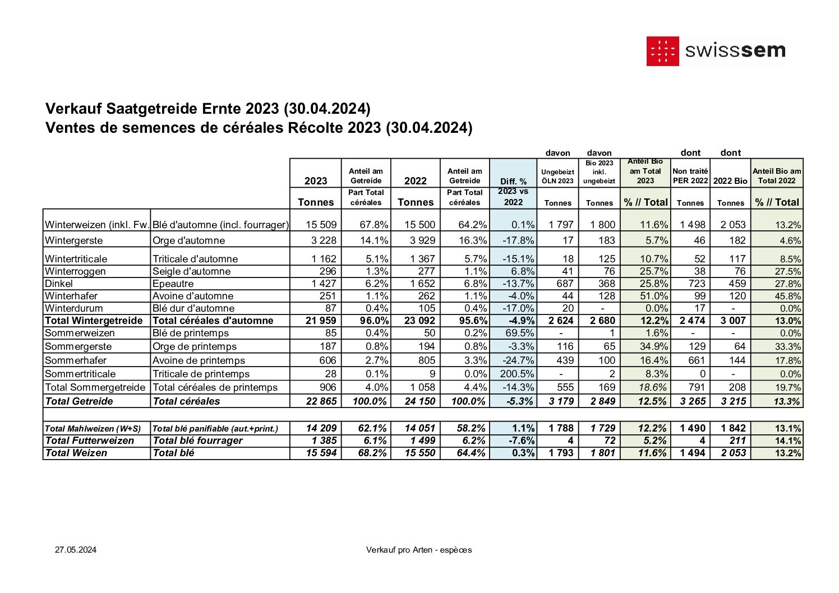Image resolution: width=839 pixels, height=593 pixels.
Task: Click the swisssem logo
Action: (x=716, y=52)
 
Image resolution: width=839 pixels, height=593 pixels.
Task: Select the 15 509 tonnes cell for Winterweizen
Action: (x=321, y=225)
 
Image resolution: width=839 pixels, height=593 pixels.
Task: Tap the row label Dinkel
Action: (x=59, y=284)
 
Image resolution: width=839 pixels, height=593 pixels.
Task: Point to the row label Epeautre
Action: (x=173, y=284)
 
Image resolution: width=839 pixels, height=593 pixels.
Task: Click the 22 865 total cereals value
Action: (x=321, y=401)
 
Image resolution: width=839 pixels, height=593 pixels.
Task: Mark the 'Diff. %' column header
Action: (x=513, y=181)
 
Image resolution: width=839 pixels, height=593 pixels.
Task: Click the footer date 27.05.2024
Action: (x=76, y=550)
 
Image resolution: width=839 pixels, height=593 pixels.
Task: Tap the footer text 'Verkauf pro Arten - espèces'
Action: (x=419, y=550)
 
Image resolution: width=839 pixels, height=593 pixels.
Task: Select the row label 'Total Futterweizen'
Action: (x=90, y=441)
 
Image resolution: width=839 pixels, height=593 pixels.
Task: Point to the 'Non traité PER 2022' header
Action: (x=690, y=175)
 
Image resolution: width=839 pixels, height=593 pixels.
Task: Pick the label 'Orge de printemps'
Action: (x=195, y=346)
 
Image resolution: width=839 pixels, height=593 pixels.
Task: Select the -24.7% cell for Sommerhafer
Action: (x=519, y=360)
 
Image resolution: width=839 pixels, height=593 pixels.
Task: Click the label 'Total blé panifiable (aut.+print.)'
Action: (x=215, y=429)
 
